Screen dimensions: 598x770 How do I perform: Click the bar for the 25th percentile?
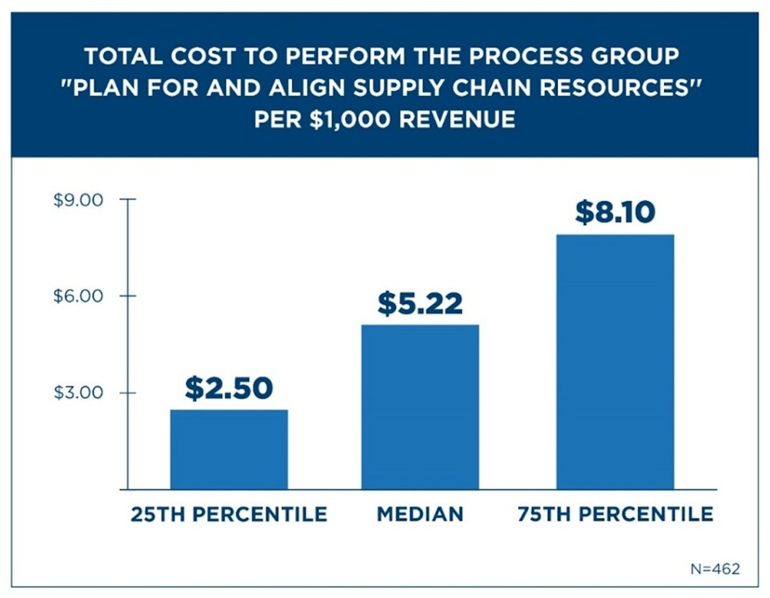228,449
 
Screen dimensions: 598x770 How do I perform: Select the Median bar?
420,407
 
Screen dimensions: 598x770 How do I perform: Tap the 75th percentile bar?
615,361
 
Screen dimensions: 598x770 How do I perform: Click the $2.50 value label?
228,388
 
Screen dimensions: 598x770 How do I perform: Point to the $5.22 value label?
420,303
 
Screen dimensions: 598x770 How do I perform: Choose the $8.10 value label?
615,213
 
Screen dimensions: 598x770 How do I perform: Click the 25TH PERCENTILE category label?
228,514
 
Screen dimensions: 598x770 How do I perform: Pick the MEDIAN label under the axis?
420,514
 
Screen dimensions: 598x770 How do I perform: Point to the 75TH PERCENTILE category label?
615,514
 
